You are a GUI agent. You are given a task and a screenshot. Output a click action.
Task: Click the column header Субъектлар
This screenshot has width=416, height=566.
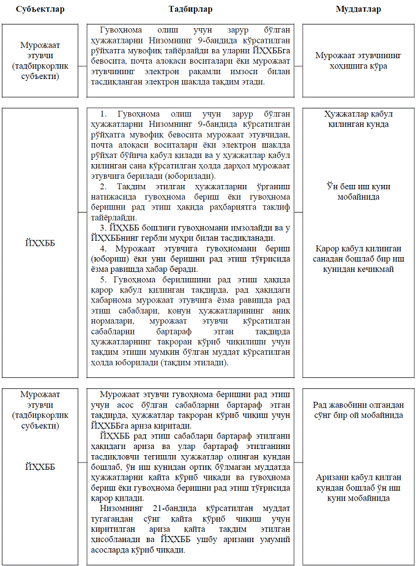40,9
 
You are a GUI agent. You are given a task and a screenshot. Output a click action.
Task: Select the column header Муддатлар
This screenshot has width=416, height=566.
358,9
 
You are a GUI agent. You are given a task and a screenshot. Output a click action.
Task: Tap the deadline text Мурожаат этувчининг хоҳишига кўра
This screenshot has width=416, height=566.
358,60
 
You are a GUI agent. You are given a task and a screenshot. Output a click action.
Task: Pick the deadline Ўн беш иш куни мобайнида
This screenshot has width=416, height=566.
358,191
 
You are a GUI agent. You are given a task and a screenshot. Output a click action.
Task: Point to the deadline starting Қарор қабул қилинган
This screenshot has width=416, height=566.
358,258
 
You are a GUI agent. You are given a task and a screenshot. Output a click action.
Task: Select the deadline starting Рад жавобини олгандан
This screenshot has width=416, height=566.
358,410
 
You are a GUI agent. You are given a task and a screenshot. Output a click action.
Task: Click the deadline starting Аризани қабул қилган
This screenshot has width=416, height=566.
358,488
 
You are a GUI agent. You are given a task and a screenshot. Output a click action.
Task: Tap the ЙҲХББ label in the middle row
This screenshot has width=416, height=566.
40,243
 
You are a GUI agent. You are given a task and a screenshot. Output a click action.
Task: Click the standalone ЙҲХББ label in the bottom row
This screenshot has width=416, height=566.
40,467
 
